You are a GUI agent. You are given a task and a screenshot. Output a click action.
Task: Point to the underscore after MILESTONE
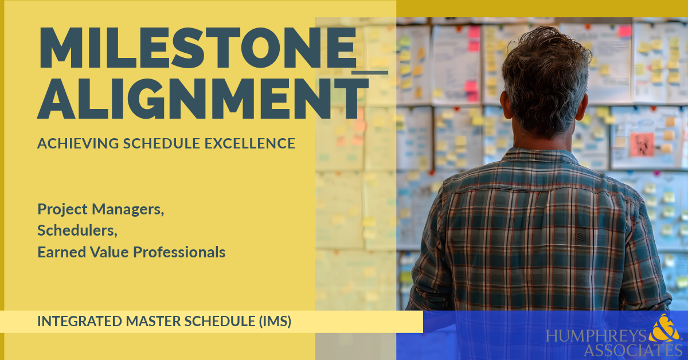[x=370, y=72]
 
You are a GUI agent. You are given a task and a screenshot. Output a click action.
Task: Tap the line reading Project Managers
[x=101, y=210]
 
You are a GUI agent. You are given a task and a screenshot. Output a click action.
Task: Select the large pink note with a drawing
[x=641, y=143]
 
